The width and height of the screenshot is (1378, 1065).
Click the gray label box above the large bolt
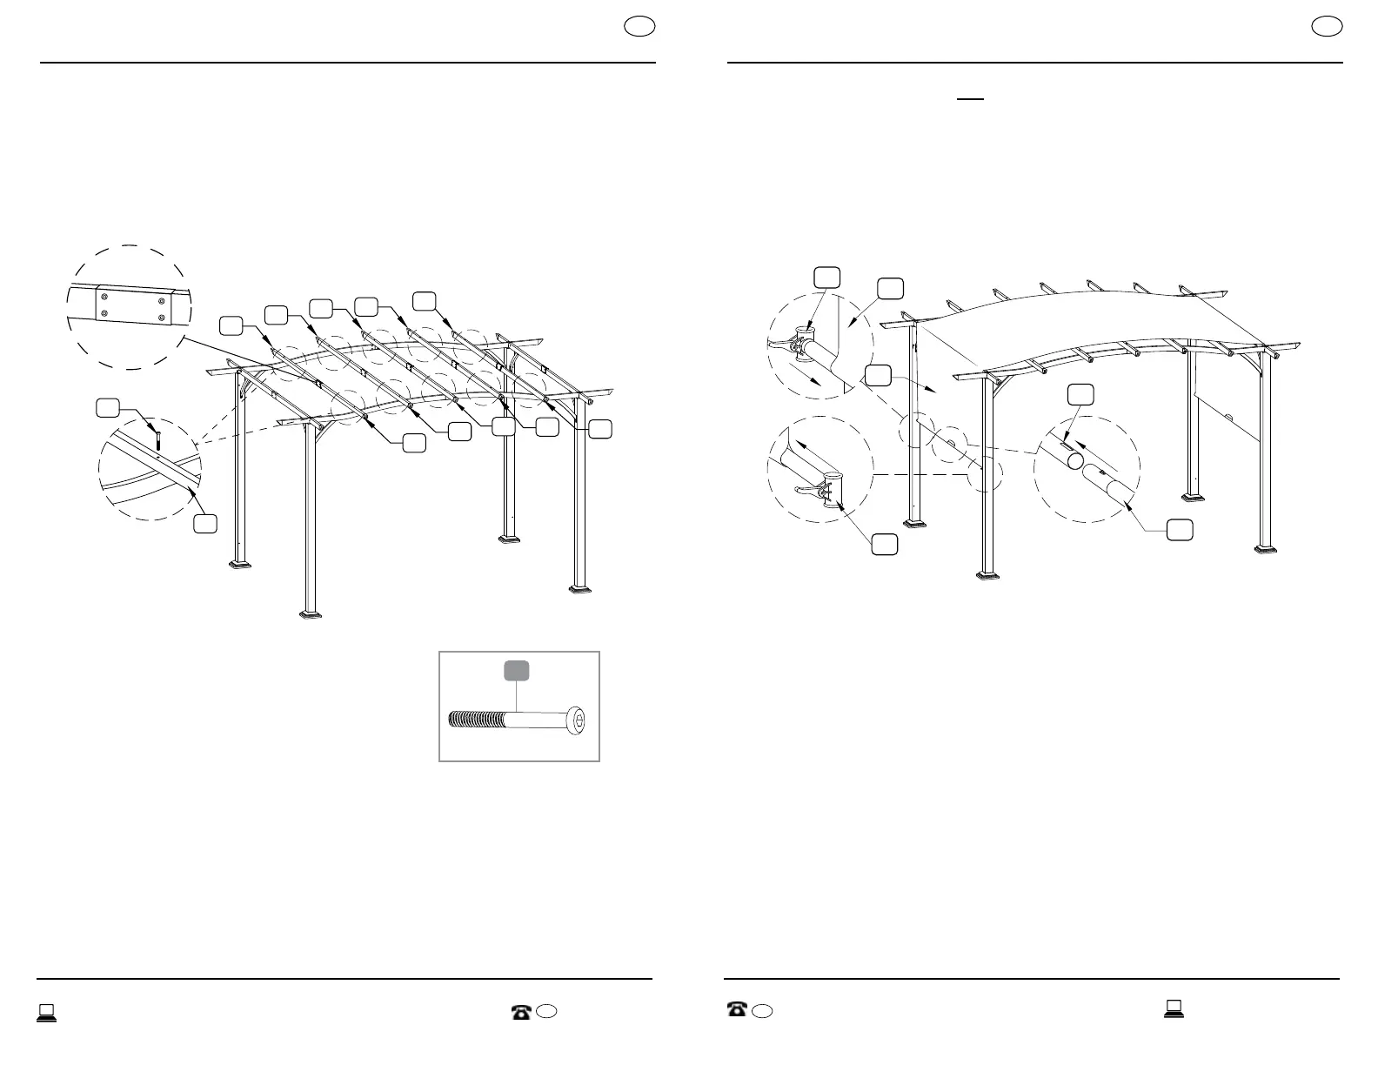tap(518, 671)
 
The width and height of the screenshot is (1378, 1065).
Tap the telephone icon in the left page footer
tap(521, 1012)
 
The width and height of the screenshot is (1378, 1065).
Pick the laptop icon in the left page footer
tap(46, 1012)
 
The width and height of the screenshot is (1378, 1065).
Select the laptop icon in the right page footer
tap(1174, 1009)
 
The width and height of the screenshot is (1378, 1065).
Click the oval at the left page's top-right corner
tap(639, 26)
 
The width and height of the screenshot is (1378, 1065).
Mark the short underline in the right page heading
tap(970, 99)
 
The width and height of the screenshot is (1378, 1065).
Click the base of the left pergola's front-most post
tap(310, 614)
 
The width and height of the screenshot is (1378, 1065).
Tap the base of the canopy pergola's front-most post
tap(989, 574)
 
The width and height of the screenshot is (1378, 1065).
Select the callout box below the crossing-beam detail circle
tap(204, 523)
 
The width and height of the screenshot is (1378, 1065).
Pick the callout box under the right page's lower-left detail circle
tap(885, 544)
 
